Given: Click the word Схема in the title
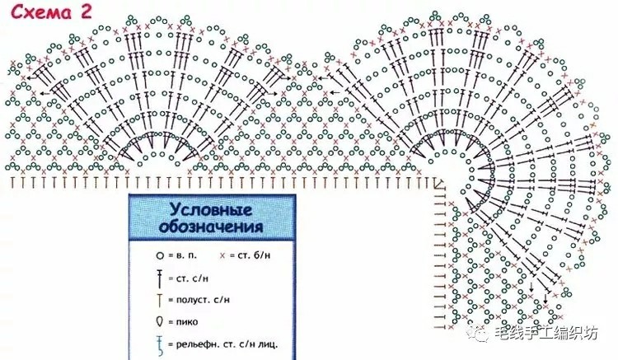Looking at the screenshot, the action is pyautogui.click(x=41, y=12).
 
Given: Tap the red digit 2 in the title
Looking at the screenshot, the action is pyautogui.click(x=86, y=11).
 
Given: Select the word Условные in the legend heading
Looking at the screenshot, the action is pyautogui.click(x=211, y=209).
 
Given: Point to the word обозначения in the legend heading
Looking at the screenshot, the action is pyautogui.click(x=211, y=227).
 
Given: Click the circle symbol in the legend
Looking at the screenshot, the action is pyautogui.click(x=160, y=255).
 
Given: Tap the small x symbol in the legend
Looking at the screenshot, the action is pyautogui.click(x=222, y=255).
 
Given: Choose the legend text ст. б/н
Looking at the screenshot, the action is pyautogui.click(x=255, y=255).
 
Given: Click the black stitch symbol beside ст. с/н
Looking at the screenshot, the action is pyautogui.click(x=160, y=278).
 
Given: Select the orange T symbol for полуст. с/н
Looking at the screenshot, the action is pyautogui.click(x=159, y=300).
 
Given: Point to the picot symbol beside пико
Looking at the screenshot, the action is pyautogui.click(x=160, y=321).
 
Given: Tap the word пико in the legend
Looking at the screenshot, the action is pyautogui.click(x=187, y=322).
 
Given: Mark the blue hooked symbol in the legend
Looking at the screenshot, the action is pyautogui.click(x=160, y=345).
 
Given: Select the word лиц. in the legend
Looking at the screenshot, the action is pyautogui.click(x=268, y=344).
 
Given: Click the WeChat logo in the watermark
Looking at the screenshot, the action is pyautogui.click(x=478, y=334).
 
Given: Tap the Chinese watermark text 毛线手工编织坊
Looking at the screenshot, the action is pyautogui.click(x=545, y=334).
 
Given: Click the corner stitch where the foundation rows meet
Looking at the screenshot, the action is pyautogui.click(x=438, y=183).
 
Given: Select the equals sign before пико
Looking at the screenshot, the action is pyautogui.click(x=171, y=322).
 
